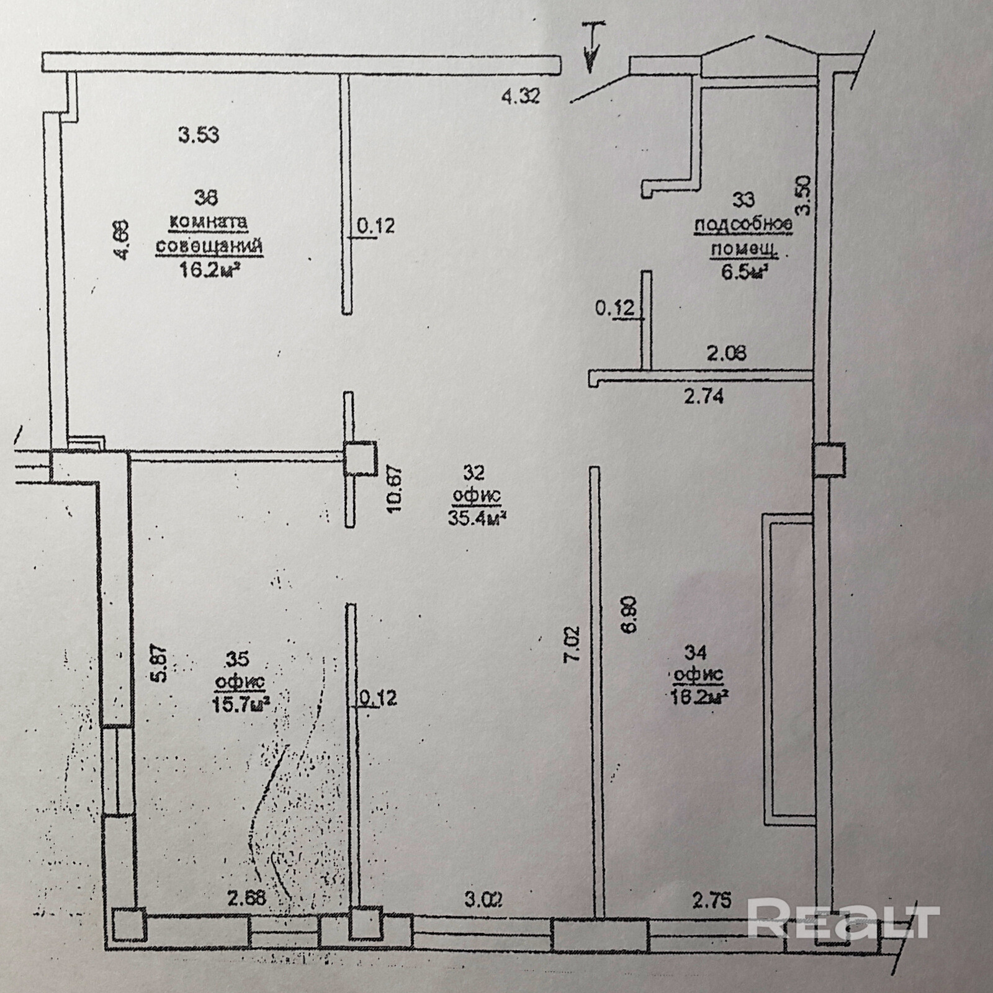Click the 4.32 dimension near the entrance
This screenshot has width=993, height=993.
pos(521,96)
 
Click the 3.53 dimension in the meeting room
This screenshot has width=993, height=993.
pos(199,135)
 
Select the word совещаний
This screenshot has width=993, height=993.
pos(209,246)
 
